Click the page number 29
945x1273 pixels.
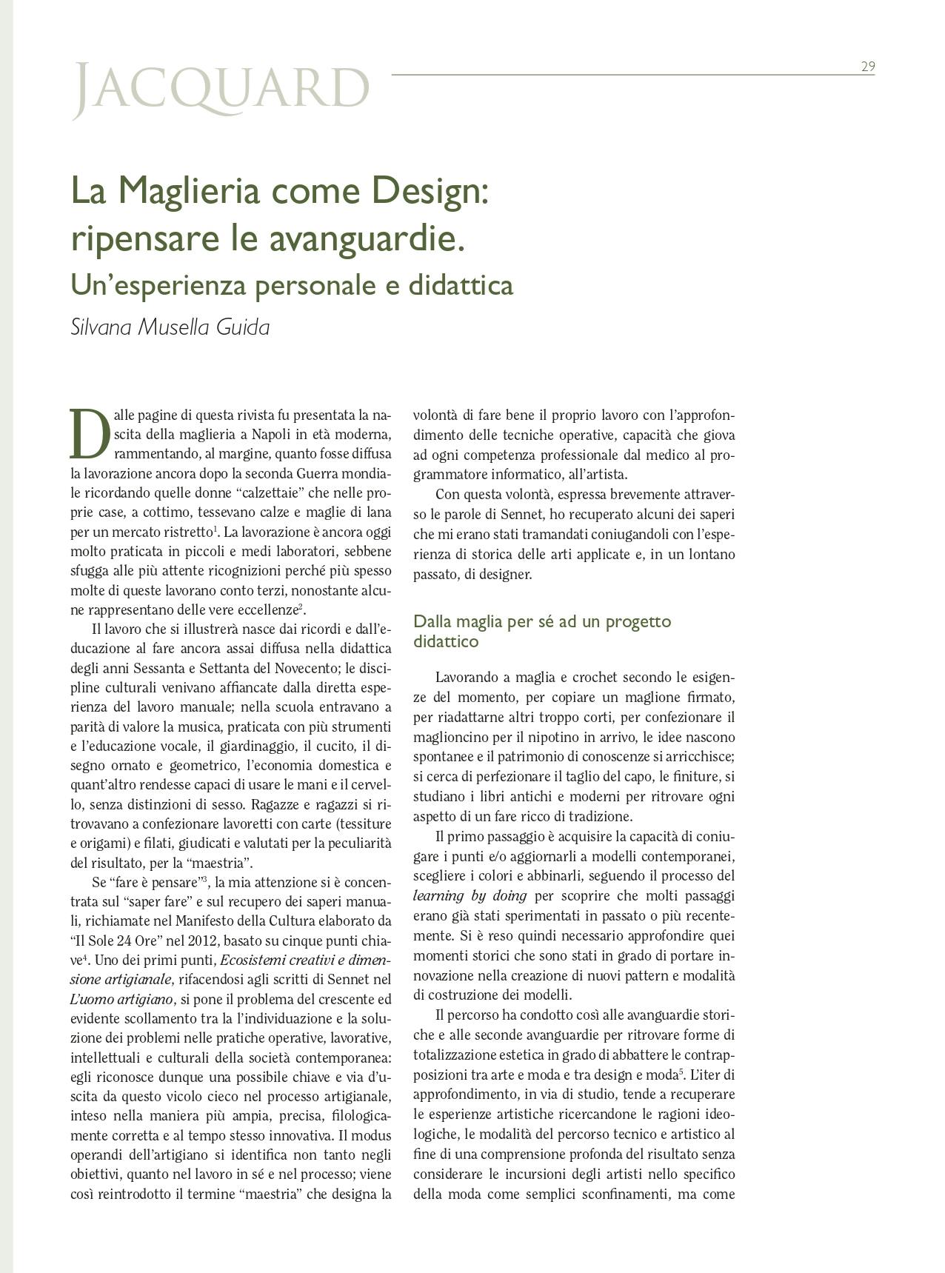coord(867,67)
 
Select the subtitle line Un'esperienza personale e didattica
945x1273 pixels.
coord(292,284)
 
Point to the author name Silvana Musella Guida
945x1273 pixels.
coord(170,327)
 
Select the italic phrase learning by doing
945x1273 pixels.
coord(470,896)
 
